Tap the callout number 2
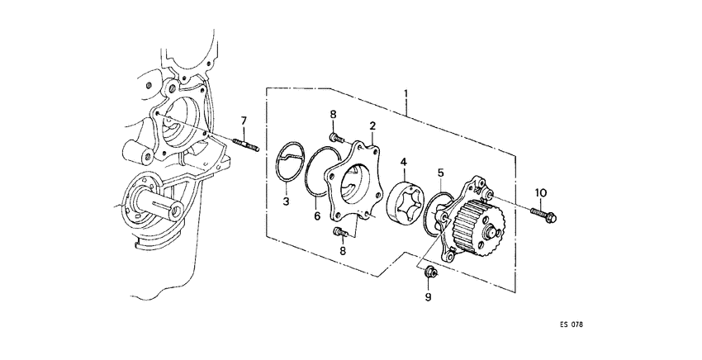pos(373,126)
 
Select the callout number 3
pos(285,201)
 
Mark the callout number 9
pos(429,296)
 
